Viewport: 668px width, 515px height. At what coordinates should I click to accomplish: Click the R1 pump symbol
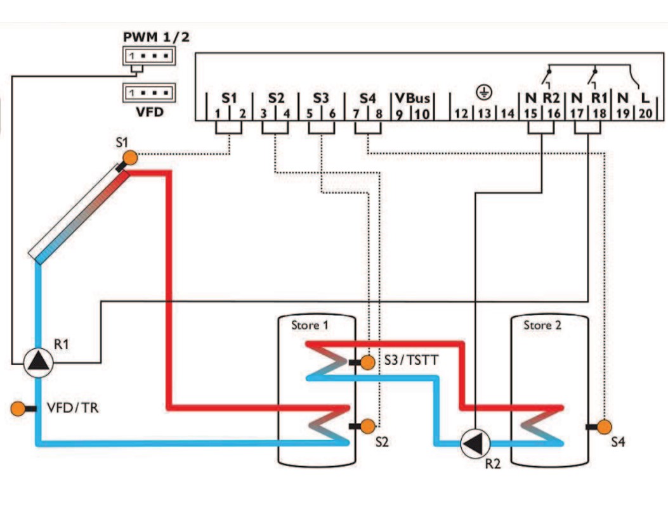point(38,363)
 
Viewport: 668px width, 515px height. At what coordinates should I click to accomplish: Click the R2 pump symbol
point(475,443)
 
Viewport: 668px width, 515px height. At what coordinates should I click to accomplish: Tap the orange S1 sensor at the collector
point(130,158)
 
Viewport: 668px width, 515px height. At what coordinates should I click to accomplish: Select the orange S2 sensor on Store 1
point(368,426)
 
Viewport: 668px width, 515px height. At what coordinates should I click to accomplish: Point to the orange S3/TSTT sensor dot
point(368,362)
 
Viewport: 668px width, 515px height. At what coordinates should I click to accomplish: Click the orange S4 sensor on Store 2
point(604,426)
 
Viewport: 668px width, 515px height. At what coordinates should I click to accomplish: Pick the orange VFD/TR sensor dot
point(18,408)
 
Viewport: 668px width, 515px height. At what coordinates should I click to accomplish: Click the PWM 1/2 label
point(156,37)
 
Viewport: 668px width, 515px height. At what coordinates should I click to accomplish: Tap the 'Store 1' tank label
point(310,326)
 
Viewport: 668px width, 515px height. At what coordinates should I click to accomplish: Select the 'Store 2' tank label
point(542,326)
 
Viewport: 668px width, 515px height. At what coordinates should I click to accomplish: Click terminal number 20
point(646,113)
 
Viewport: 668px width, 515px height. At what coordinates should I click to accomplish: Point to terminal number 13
point(484,113)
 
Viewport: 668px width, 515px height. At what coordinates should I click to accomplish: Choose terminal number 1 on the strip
point(217,113)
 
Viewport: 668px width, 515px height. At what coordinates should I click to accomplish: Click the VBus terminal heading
point(412,98)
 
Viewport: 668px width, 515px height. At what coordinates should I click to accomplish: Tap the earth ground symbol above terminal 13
point(484,92)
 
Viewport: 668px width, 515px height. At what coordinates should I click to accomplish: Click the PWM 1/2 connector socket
point(149,56)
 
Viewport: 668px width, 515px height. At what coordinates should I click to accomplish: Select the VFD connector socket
point(149,92)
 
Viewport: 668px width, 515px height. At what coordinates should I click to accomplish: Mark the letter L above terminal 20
point(645,98)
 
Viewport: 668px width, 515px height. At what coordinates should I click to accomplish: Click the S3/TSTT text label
point(411,360)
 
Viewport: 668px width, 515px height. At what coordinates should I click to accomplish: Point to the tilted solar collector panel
point(79,213)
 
